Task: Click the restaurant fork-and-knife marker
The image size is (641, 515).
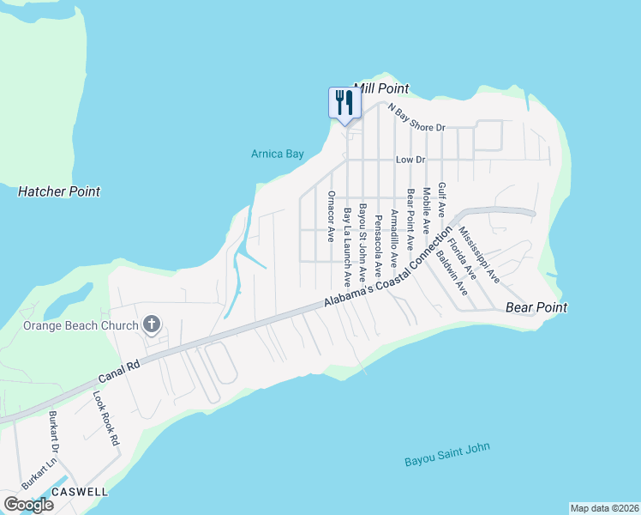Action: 344,103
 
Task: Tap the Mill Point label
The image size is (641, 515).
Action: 381,88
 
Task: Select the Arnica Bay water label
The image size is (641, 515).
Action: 278,154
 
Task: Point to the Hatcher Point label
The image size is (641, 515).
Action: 59,191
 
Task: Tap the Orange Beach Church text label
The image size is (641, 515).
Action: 81,325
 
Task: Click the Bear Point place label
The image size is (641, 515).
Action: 532,306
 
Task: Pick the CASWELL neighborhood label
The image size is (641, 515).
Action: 80,492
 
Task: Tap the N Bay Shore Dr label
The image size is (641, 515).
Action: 417,118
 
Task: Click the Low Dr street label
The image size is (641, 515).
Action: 410,160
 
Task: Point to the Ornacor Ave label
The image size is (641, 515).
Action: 331,216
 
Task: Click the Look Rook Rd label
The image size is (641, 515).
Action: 105,419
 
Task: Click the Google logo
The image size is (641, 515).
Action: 28,505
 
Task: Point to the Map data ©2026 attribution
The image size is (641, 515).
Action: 604,508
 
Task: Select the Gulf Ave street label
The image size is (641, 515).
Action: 441,198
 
